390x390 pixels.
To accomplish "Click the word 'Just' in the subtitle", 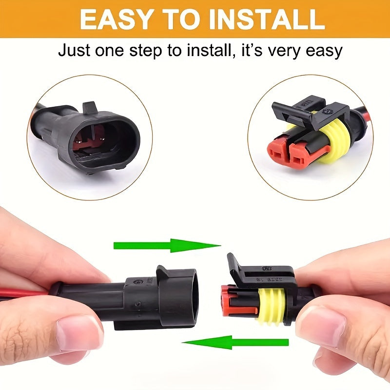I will pyautogui.click(x=75, y=50).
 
